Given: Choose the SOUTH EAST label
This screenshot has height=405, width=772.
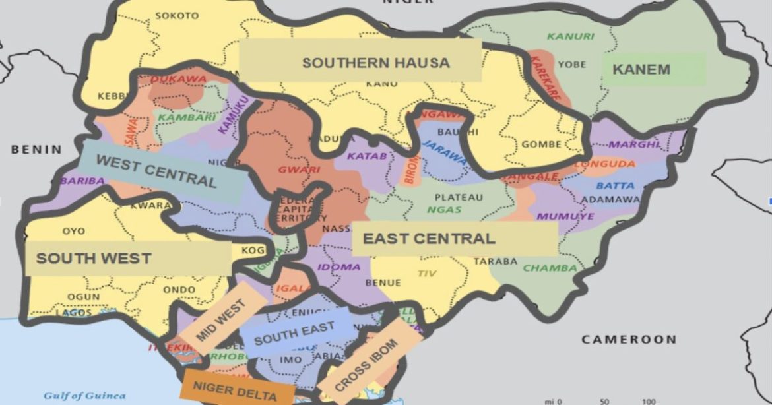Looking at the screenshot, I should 294,334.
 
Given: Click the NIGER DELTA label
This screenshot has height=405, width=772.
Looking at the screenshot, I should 236,389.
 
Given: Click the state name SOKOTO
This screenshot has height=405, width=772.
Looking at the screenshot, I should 176,15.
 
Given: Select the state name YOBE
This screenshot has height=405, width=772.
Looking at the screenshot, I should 571,64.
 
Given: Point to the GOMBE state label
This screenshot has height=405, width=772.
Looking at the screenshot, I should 541,144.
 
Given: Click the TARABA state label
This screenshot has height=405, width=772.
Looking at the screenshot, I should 496,261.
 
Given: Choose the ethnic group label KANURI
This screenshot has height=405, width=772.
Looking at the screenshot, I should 570,36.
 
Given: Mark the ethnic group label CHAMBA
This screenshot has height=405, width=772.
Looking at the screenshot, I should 550,268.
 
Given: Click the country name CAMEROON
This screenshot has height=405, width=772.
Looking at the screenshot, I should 628,340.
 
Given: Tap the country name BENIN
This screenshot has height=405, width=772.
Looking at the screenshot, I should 36,150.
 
